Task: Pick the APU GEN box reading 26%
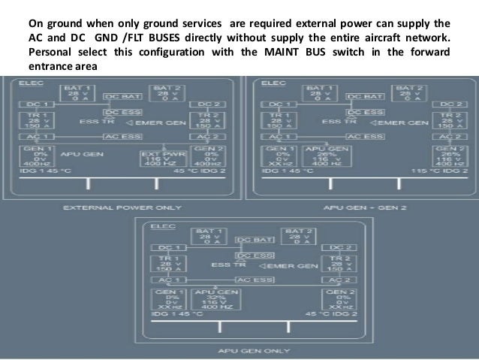(x=325, y=159)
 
